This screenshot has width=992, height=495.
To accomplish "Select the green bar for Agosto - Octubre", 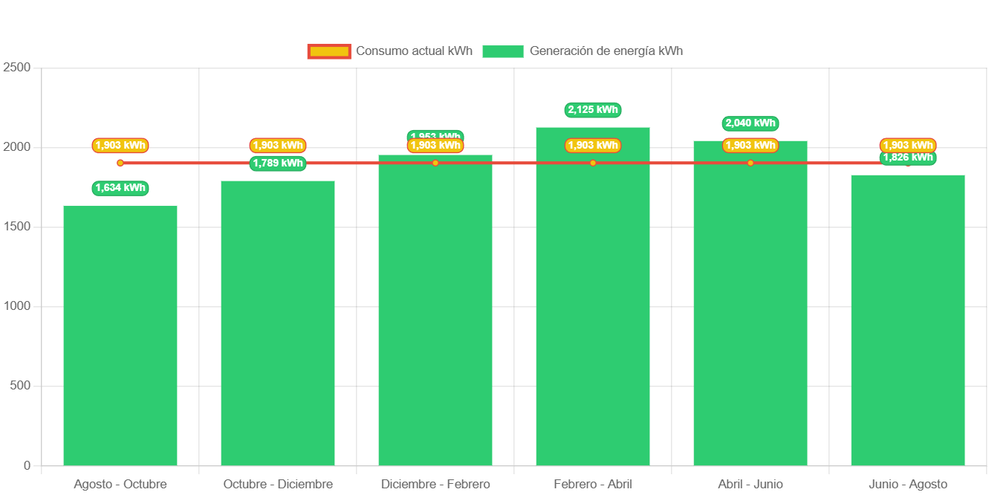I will pyautogui.click(x=120, y=334).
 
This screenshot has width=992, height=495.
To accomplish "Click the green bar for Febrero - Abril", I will pyautogui.click(x=593, y=312).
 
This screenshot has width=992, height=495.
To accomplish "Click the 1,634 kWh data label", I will pyautogui.click(x=120, y=188).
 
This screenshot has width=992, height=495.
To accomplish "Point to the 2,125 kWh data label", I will pyautogui.click(x=593, y=110).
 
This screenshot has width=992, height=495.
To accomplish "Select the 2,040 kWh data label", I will pyautogui.click(x=751, y=123).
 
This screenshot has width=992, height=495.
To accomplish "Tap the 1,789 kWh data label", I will pyautogui.click(x=278, y=164).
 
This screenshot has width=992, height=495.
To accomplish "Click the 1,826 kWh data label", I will pyautogui.click(x=908, y=158).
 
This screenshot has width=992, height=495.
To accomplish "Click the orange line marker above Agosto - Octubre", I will pyautogui.click(x=120, y=163).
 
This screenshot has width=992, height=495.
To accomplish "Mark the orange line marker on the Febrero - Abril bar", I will pyautogui.click(x=593, y=163).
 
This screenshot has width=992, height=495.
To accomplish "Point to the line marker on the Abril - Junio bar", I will pyautogui.click(x=751, y=163).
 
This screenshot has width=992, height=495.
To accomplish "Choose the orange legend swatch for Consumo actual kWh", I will pyautogui.click(x=328, y=51).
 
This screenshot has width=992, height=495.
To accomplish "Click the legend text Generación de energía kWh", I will pyautogui.click(x=606, y=51).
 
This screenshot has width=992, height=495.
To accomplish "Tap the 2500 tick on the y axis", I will pyautogui.click(x=17, y=67).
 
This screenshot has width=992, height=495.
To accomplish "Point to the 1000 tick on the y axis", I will pyautogui.click(x=17, y=306).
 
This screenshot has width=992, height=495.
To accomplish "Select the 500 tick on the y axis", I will pyautogui.click(x=20, y=386).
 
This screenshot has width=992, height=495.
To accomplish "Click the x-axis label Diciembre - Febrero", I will pyautogui.click(x=435, y=485).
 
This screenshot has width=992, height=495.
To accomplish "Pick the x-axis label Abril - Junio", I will pyautogui.click(x=751, y=485).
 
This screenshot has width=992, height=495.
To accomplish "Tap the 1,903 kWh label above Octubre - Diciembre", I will pyautogui.click(x=278, y=146).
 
